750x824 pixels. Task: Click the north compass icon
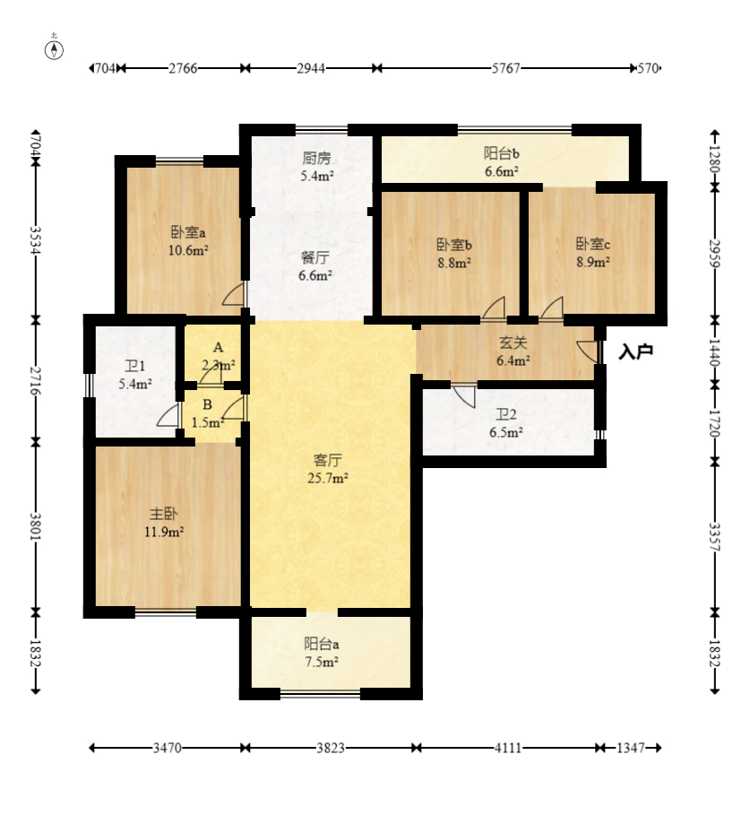coord(54,50)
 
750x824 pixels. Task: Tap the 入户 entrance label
coord(635,351)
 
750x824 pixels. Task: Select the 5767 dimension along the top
coord(505,68)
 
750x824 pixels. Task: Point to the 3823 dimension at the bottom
coord(331,747)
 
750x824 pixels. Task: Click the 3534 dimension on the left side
coord(36,240)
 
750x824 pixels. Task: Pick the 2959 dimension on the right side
coord(715,253)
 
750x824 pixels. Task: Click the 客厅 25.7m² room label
coord(328,469)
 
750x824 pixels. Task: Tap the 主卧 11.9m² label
coord(164,523)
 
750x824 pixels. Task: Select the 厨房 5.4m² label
coord(316,167)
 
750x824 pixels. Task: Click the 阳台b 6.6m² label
coord(502,162)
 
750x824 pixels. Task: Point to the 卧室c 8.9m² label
coord(593,253)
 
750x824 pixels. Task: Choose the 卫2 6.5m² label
coord(505,423)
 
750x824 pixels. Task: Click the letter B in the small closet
coord(208,404)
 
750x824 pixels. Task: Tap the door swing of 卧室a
coord(234,294)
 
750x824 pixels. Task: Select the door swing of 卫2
coord(464,397)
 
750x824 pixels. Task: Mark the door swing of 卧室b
coord(494,308)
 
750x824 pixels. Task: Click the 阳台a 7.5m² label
coord(322,653)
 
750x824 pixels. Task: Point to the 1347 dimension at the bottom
coord(630,747)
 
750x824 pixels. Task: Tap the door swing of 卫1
coord(168,416)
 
